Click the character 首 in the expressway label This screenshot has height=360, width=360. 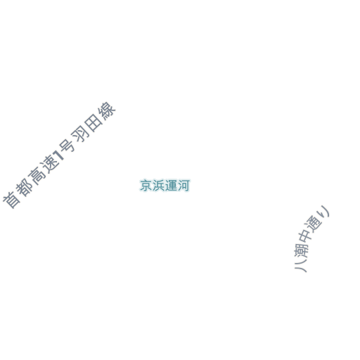coord(12,200)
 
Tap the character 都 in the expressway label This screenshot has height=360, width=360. coord(25,187)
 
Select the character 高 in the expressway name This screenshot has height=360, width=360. coord(37,175)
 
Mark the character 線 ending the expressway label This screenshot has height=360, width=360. coord(107,111)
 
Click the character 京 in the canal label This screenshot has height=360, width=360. coord(146,186)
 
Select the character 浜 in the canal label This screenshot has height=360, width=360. coord(158,186)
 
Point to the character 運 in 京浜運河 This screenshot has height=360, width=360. coord(171,186)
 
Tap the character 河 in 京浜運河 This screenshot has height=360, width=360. coord(184,186)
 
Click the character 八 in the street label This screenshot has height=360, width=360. coord(300,266)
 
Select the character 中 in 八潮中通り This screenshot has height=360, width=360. coord(306,237)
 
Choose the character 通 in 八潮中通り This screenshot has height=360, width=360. coord(314,224)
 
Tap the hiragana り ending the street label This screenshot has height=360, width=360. coord(323,212)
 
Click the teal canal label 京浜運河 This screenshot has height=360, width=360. coord(165,186)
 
